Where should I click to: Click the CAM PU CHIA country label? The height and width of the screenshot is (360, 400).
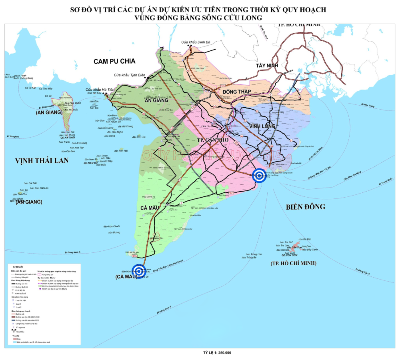tap(114, 61)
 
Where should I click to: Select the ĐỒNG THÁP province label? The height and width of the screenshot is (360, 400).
tap(236, 92)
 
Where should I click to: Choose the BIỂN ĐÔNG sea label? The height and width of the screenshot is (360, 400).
tap(306, 207)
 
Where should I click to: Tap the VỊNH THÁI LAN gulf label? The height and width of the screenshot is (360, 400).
tap(42, 160)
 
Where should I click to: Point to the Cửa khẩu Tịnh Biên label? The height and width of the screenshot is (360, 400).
tap(129, 75)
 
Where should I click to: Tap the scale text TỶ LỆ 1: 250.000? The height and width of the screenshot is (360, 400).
tap(217, 352)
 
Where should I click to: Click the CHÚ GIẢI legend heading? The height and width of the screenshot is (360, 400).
tap(18, 266)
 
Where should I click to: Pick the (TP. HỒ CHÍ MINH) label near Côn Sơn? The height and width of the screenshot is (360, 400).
tap(293, 263)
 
